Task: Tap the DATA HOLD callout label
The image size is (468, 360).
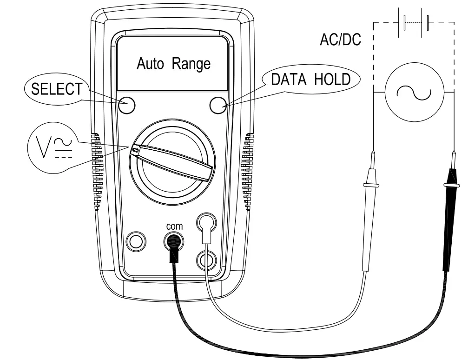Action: click(x=310, y=80)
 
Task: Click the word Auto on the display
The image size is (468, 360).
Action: click(x=150, y=64)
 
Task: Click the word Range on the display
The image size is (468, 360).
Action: click(x=191, y=64)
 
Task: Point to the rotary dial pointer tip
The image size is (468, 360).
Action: click(x=135, y=150)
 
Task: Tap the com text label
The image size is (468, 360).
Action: click(x=175, y=226)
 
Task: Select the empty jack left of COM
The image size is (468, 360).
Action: click(x=136, y=241)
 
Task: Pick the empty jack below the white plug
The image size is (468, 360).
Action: click(x=206, y=258)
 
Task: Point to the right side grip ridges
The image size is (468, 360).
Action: click(x=247, y=172)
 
